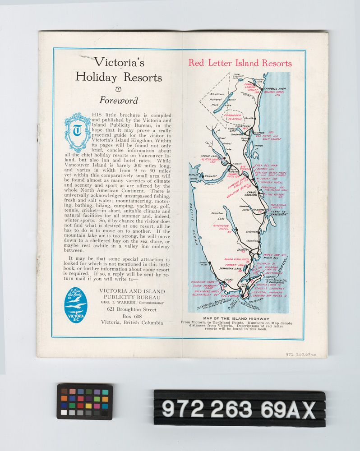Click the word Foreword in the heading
pyautogui.click(x=119, y=101)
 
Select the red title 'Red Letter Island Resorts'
pyautogui.click(x=240, y=63)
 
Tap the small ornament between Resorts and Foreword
pyautogui.click(x=119, y=88)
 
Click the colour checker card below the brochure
pyautogui.click(x=85, y=401)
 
